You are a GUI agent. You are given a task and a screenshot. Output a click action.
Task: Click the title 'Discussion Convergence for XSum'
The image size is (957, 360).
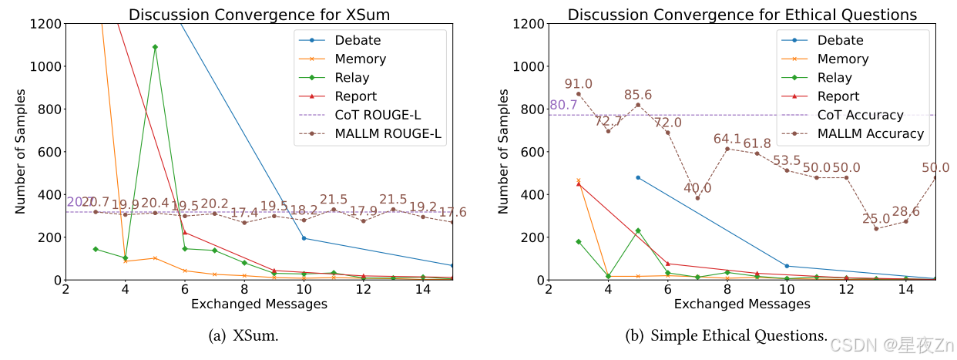[x=259, y=15]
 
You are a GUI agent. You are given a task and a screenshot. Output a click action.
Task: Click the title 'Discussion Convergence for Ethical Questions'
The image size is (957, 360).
[x=742, y=15]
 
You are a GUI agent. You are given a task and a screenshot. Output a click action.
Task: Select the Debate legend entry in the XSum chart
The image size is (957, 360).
[x=358, y=40]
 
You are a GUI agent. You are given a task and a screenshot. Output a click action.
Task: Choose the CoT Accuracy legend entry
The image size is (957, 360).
[x=859, y=115]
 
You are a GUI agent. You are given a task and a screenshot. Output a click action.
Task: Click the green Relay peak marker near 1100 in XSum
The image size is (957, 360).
[x=155, y=47]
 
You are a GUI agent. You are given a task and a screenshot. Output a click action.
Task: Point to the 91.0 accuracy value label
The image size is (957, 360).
[x=578, y=84]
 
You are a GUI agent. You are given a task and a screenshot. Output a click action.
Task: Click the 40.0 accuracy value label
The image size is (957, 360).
[x=697, y=188]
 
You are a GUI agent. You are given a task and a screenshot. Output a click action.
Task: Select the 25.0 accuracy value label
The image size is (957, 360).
[x=876, y=219]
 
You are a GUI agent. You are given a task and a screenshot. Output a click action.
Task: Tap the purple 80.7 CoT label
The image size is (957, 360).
[x=563, y=106]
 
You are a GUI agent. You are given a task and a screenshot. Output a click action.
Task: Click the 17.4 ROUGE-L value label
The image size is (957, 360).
[x=244, y=212]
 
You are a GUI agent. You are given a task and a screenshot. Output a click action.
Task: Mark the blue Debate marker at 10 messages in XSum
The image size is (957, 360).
[x=304, y=238]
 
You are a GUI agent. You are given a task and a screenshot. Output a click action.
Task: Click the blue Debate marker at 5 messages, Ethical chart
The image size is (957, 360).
[x=638, y=177]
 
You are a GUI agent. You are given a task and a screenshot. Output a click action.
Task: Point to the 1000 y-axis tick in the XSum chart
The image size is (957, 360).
[x=45, y=66]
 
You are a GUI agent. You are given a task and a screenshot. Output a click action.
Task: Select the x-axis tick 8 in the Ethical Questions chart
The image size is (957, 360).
[x=727, y=289]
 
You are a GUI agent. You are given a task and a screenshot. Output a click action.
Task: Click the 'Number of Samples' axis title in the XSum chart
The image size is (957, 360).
[x=21, y=152]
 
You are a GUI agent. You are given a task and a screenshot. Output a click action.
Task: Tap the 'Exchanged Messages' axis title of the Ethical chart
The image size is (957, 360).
[x=742, y=304]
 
